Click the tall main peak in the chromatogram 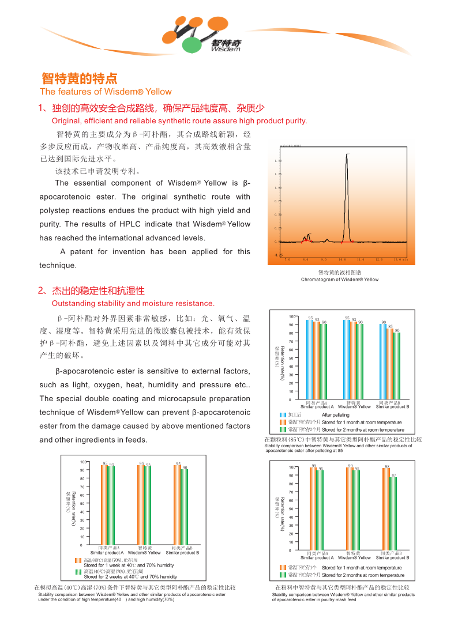pyautogui.click(x=347, y=196)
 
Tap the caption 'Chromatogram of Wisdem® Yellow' pyautogui.click(x=340, y=280)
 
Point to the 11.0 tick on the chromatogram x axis pyautogui.click(x=361, y=260)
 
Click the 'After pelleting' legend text pyautogui.click(x=335, y=415)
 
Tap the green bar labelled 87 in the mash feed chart pyautogui.click(x=393, y=513)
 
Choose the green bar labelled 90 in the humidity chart pyautogui.click(x=185, y=507)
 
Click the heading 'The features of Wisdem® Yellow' pyautogui.click(x=106, y=92)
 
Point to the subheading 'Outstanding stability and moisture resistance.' pyautogui.click(x=133, y=303)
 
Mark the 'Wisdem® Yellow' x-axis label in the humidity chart pyautogui.click(x=144, y=553)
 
